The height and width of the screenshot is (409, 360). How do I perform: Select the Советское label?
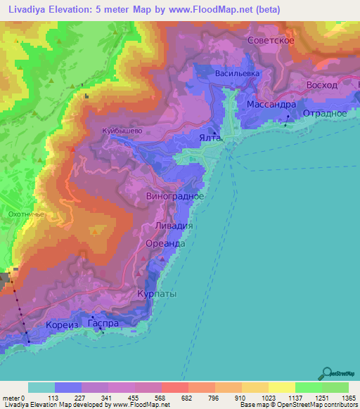271,41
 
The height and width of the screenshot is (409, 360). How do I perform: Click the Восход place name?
323,85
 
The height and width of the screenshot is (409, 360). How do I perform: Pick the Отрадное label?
324,113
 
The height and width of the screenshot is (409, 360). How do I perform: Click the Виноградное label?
175,196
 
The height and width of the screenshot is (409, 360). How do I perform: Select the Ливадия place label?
173,227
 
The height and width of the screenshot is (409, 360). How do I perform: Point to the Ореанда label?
165,243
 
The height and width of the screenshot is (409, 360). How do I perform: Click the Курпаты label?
157,294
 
